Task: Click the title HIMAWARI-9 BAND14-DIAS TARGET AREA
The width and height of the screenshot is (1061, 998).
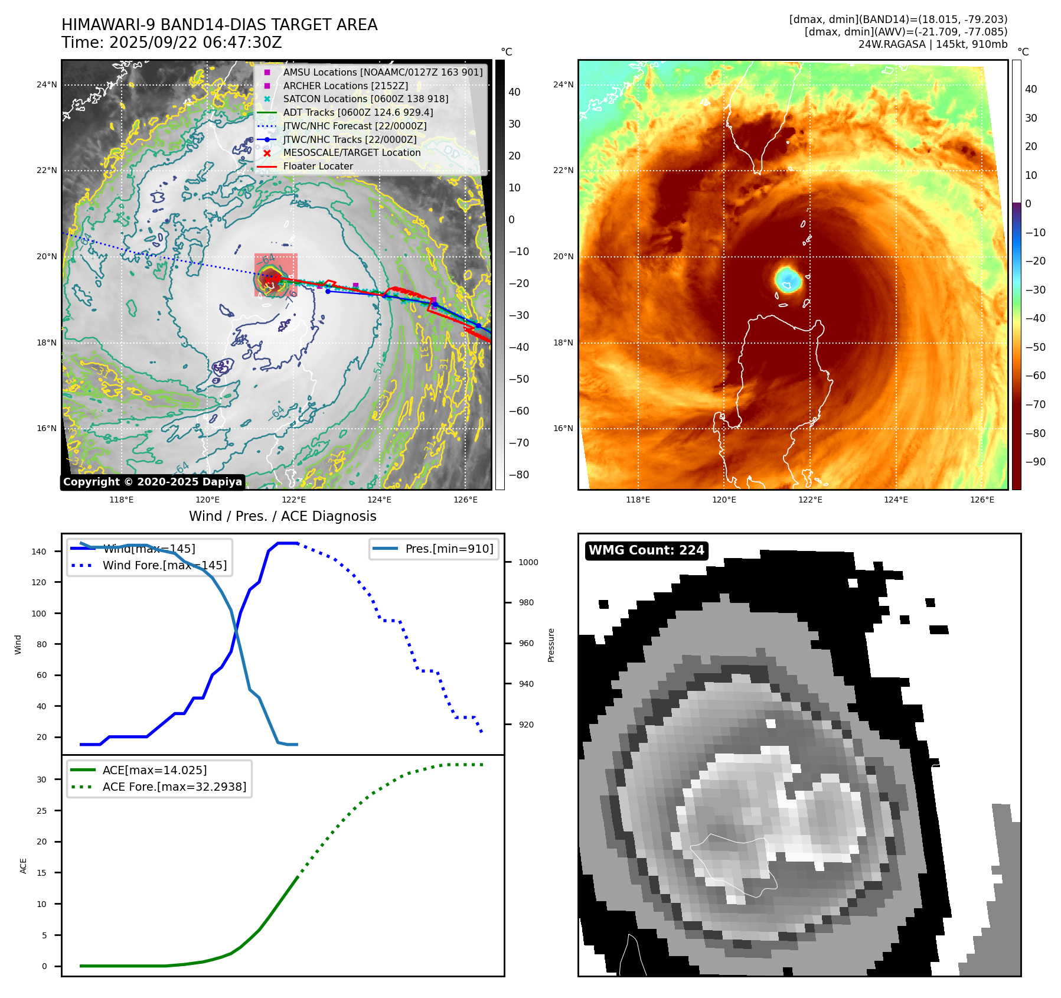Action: [x=219, y=25]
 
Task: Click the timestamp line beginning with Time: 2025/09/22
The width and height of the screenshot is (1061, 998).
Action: [x=171, y=43]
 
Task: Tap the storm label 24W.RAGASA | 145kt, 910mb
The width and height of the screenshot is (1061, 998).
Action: [x=932, y=44]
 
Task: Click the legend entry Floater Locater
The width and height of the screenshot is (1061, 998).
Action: [x=318, y=167]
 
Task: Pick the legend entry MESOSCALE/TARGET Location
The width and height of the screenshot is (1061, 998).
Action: [x=351, y=153]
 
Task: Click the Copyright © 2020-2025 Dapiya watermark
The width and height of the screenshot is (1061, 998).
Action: [x=152, y=482]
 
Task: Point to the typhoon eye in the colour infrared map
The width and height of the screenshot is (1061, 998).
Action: [x=788, y=278]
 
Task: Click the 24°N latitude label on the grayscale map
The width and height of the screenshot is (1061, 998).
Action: [x=47, y=84]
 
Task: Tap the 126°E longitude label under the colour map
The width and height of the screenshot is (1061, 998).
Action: [x=982, y=500]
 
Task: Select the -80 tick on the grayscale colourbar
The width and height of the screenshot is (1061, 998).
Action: [x=519, y=475]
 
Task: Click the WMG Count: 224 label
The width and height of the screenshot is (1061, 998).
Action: [x=646, y=550]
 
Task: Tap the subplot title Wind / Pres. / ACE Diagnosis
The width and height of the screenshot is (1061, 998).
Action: [x=282, y=516]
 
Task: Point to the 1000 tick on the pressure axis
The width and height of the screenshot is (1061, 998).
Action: [x=528, y=562]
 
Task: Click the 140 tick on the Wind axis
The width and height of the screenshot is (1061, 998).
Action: [x=39, y=552]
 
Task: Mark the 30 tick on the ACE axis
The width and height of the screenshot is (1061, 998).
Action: [x=41, y=780]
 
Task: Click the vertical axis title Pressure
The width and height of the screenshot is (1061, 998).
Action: [x=551, y=645]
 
